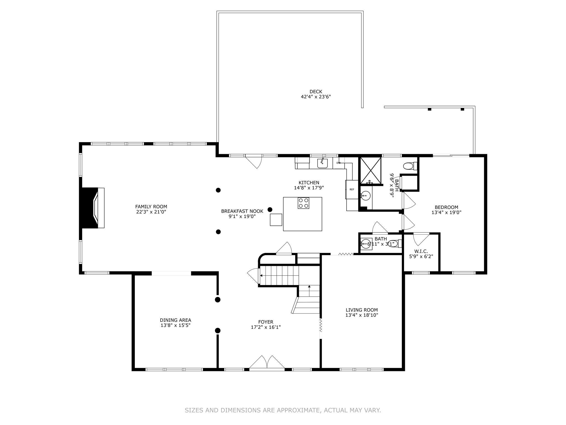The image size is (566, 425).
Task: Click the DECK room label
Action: (316, 92)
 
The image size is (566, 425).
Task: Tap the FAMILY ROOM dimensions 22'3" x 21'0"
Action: (151, 212)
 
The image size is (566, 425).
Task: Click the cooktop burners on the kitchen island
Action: (303, 203)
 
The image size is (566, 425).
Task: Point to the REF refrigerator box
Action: (352, 190)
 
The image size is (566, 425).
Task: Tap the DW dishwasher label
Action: (339, 163)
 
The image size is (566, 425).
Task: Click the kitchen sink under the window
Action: (322, 163)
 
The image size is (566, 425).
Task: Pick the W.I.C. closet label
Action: (421, 251)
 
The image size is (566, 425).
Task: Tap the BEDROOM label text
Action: (446, 207)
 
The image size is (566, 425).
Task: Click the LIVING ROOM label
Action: (361, 310)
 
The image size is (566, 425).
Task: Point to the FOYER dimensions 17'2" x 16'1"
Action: (266, 327)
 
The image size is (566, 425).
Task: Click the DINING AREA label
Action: (175, 320)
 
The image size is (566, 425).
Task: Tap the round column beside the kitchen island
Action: (270, 209)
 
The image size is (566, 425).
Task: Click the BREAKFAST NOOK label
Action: (242, 211)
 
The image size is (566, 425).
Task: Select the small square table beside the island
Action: (276, 220)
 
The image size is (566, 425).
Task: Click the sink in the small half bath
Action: (366, 244)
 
